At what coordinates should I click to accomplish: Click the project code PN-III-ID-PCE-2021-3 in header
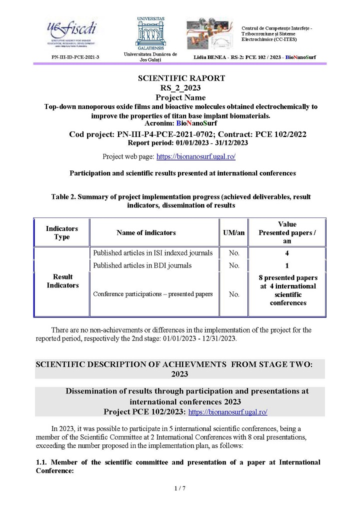point(75,57)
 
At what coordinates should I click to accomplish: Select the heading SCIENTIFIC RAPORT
point(181,78)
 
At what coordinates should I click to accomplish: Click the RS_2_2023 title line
point(180,88)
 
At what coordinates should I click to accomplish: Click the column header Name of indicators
point(146,232)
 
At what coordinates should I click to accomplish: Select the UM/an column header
point(233,232)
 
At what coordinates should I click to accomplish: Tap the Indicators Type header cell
point(62,232)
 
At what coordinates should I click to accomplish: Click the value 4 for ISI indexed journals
point(287,253)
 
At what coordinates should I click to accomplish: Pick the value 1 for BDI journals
point(287,265)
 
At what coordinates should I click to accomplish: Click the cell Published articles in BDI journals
point(142,265)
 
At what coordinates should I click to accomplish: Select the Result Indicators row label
point(62,281)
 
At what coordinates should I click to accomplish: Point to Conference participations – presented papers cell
point(153,294)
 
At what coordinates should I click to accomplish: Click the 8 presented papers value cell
point(287,290)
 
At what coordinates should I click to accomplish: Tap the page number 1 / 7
point(180,488)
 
